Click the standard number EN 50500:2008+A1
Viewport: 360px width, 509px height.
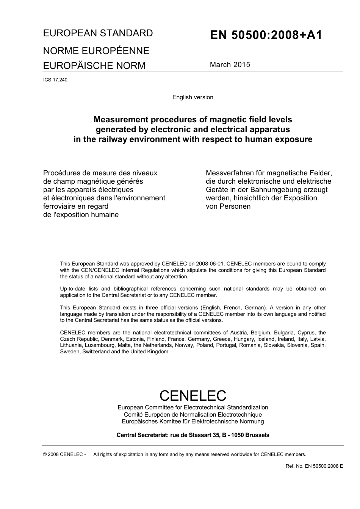(266, 35)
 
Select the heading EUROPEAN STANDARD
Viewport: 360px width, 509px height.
(98, 33)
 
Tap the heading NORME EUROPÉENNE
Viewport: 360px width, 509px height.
(96, 51)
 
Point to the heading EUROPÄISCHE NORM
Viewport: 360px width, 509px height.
(94, 66)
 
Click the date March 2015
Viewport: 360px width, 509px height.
(230, 64)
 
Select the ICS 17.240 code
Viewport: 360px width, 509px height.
(55, 80)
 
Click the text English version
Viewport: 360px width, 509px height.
(193, 97)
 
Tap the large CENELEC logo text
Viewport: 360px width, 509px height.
(193, 395)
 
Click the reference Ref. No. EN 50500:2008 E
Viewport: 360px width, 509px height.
(314, 466)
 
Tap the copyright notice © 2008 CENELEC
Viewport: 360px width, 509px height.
(64, 454)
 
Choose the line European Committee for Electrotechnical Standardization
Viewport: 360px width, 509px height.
(193, 408)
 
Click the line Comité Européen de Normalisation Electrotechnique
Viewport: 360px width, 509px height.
(193, 415)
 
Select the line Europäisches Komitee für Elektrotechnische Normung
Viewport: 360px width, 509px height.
(193, 422)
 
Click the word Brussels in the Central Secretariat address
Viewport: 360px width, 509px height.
(257, 435)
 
